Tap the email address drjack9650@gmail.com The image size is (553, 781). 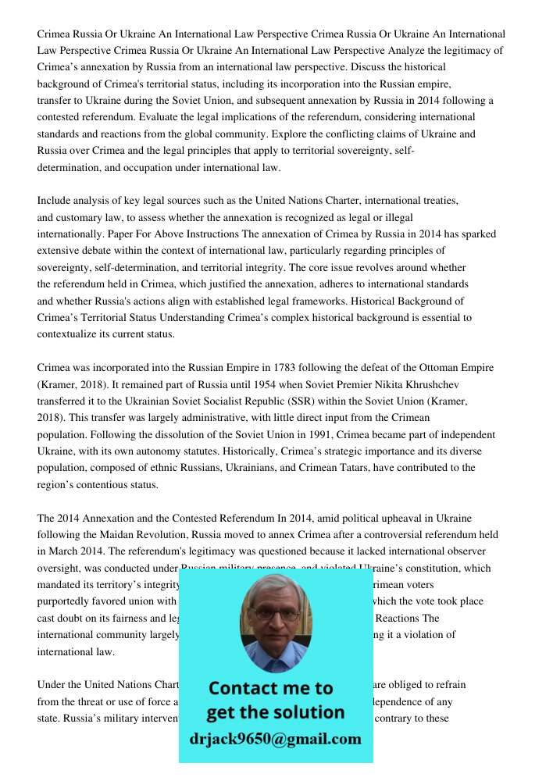pyautogui.click(x=275, y=739)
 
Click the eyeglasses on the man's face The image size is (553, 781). pyautogui.click(x=276, y=614)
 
